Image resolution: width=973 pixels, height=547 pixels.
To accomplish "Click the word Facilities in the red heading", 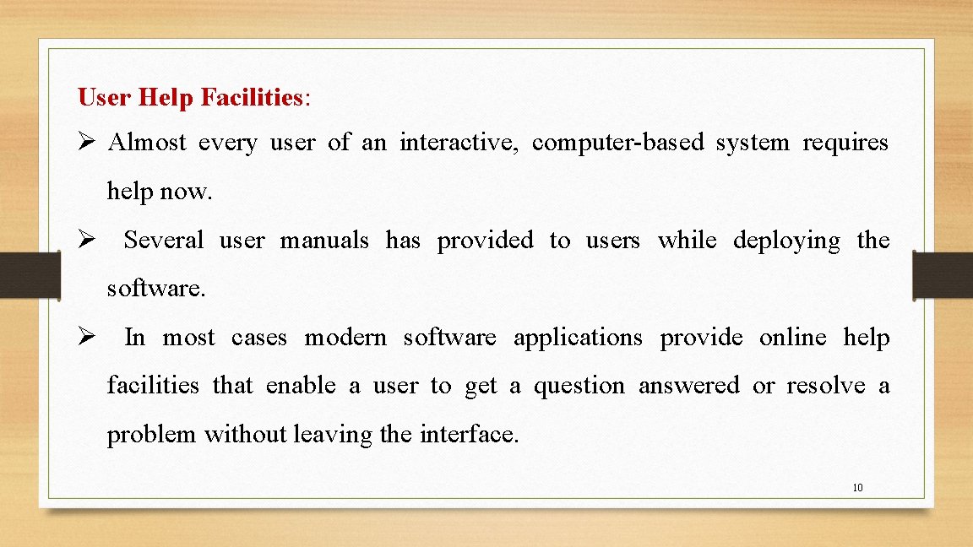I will tap(252, 98).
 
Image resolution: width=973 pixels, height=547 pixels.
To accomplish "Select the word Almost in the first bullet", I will tap(147, 143).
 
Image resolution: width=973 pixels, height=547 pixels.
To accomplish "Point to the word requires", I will tap(845, 143).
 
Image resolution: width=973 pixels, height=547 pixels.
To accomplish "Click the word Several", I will tap(164, 241).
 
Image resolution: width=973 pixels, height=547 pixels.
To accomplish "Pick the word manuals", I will tap(324, 241).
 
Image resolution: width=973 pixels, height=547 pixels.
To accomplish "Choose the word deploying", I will tap(786, 241).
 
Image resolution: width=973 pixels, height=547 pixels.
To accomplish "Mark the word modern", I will tap(345, 338).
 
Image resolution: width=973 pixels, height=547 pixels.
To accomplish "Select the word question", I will tap(579, 386).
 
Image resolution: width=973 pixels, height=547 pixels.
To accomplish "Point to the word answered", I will tap(688, 386).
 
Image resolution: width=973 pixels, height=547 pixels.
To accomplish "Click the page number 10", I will tap(857, 487).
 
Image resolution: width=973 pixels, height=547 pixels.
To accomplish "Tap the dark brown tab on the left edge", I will tap(29, 274).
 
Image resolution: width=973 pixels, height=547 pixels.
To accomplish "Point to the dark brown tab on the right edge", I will tap(943, 274).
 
